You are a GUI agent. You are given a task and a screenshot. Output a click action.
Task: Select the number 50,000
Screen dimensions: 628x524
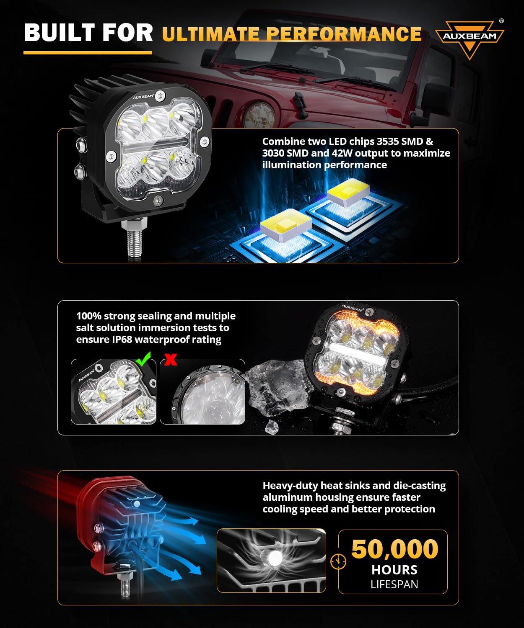(x=394, y=549)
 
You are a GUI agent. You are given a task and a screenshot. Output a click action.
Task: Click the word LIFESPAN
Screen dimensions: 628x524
(x=394, y=584)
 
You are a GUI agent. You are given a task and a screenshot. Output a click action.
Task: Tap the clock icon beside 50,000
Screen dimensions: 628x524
(x=338, y=561)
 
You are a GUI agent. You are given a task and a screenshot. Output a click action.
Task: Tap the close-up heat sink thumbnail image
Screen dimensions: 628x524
(x=271, y=560)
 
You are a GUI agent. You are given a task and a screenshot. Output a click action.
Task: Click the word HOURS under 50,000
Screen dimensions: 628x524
(x=394, y=570)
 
